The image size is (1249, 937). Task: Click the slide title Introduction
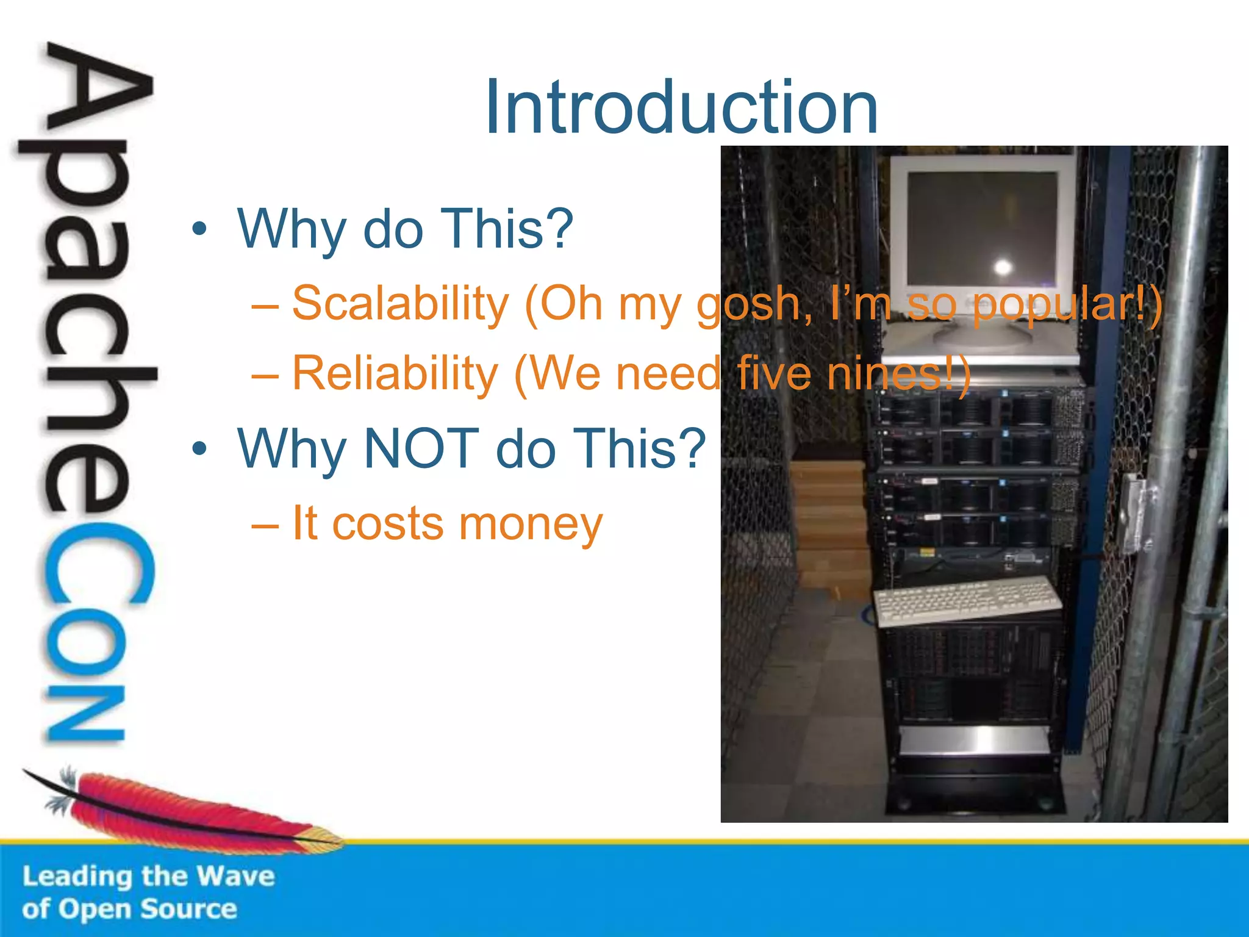click(681, 108)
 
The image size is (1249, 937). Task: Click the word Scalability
click(400, 303)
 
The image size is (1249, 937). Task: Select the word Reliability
click(395, 373)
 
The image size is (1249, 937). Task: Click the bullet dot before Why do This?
click(199, 229)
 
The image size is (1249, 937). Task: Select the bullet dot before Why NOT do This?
click(199, 450)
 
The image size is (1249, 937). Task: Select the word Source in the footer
click(188, 909)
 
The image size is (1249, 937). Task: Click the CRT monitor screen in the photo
click(982, 229)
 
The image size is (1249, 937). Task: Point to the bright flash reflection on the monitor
click(1003, 267)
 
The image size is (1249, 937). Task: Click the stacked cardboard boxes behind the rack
click(829, 525)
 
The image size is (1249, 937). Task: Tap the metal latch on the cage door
click(1136, 512)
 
